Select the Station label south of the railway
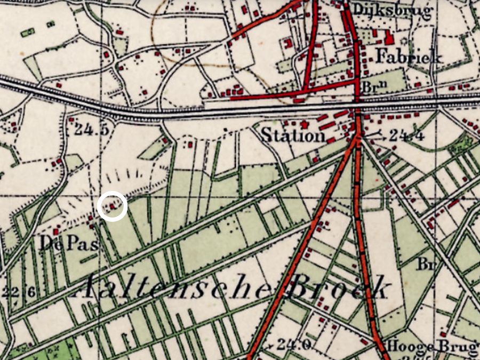click(293, 135)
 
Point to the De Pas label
click(69, 244)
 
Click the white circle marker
click(113, 206)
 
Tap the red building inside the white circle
click(112, 205)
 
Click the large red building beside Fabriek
click(389, 38)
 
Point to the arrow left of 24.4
click(375, 136)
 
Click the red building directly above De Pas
click(55, 232)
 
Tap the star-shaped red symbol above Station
click(305, 124)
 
